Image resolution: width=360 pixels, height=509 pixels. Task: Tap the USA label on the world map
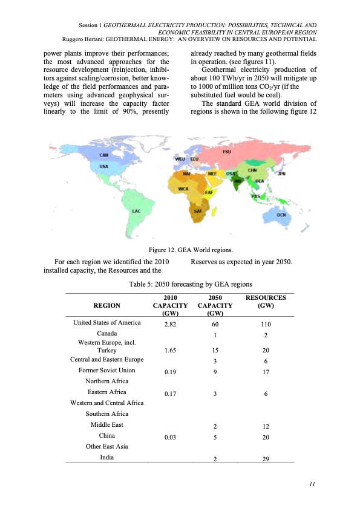(x=103, y=166)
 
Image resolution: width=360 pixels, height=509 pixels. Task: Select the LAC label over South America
(x=137, y=210)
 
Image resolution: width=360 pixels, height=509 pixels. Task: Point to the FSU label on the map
(x=227, y=151)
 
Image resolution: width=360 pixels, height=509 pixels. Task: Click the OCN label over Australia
(x=281, y=215)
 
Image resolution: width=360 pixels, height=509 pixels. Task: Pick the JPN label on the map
(x=281, y=174)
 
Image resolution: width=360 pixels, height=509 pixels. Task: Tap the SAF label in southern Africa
(x=197, y=211)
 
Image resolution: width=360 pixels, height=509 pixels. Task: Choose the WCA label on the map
(x=183, y=189)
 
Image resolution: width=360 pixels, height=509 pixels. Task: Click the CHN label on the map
(x=253, y=170)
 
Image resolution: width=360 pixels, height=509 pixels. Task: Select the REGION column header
(x=107, y=305)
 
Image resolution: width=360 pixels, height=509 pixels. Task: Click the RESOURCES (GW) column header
(x=266, y=302)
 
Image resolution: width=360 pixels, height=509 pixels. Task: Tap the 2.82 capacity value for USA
(x=170, y=324)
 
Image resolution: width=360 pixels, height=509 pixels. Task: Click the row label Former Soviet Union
(x=107, y=370)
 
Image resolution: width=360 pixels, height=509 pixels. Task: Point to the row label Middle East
(x=107, y=425)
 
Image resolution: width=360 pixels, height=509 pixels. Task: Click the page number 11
(x=312, y=484)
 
